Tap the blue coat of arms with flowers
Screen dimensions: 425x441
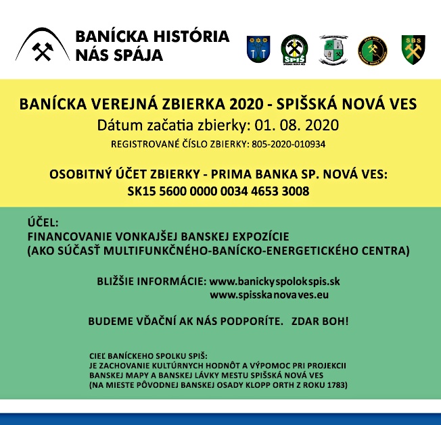(x=258, y=49)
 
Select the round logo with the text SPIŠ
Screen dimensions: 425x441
(x=294, y=49)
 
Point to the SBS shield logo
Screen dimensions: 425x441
(x=412, y=49)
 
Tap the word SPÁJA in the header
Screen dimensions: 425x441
(x=141, y=55)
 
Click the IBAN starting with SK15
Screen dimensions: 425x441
(x=218, y=192)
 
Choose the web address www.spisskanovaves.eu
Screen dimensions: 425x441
(x=269, y=295)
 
